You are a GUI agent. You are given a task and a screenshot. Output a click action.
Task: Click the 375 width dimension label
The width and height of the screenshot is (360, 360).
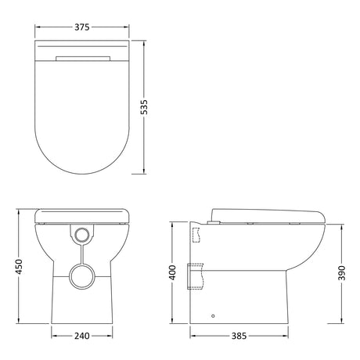tap(82, 27)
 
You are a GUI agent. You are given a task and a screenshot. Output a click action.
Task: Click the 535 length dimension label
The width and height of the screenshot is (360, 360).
tap(144, 107)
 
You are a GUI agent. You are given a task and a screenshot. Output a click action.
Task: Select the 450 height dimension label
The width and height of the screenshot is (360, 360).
tap(19, 267)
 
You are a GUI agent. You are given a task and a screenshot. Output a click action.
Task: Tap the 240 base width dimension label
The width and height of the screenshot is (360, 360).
tap(82, 336)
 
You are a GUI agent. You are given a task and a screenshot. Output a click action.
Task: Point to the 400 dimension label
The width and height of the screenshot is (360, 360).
tap(172, 272)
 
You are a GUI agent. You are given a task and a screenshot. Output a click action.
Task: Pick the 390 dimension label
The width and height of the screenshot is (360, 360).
tap(342, 273)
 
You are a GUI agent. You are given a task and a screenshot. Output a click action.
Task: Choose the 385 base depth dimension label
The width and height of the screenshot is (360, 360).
tap(239, 336)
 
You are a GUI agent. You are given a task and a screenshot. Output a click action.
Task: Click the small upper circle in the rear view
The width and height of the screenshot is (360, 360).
tap(82, 234)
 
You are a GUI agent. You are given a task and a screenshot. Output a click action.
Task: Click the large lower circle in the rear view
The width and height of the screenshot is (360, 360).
tap(82, 276)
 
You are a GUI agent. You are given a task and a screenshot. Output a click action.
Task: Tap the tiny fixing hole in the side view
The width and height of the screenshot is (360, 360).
tap(213, 316)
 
